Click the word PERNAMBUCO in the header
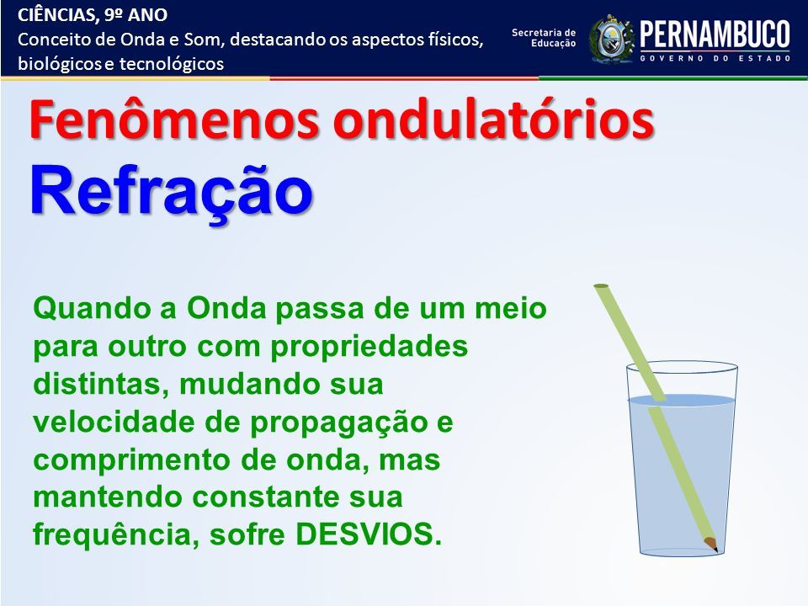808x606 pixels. click(715, 35)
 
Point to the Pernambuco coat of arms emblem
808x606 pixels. click(612, 40)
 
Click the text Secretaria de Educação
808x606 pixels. click(544, 38)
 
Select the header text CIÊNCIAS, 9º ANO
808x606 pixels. click(93, 15)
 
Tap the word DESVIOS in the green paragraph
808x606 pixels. click(369, 534)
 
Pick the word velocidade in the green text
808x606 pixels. click(114, 422)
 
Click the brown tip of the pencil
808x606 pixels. click(712, 545)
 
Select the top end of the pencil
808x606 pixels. click(601, 285)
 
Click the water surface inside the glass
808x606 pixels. click(682, 400)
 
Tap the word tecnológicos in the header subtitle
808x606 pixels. click(172, 65)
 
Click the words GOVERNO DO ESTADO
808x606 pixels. click(715, 58)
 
